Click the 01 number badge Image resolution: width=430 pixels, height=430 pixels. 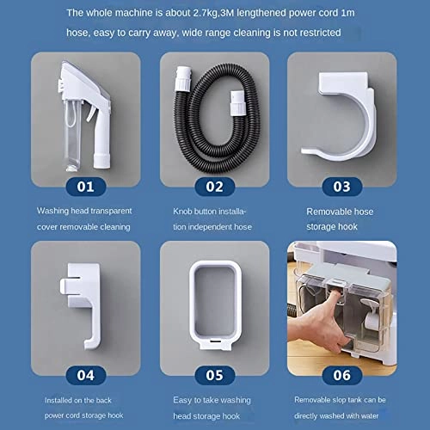[x=86, y=187]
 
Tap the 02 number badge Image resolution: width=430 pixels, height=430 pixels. [x=215, y=187]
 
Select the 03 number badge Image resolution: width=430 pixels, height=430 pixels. [x=342, y=187]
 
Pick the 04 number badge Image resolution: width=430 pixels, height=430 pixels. [x=86, y=375]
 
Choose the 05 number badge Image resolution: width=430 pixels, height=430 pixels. [x=215, y=375]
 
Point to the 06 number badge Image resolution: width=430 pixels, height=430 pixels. [x=342, y=375]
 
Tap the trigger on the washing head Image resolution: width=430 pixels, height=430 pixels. [x=91, y=114]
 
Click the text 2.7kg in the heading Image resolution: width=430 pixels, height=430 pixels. [x=205, y=13]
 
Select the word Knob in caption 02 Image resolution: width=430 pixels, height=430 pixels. [x=182, y=212]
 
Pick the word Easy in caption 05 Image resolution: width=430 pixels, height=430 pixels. [x=182, y=400]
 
